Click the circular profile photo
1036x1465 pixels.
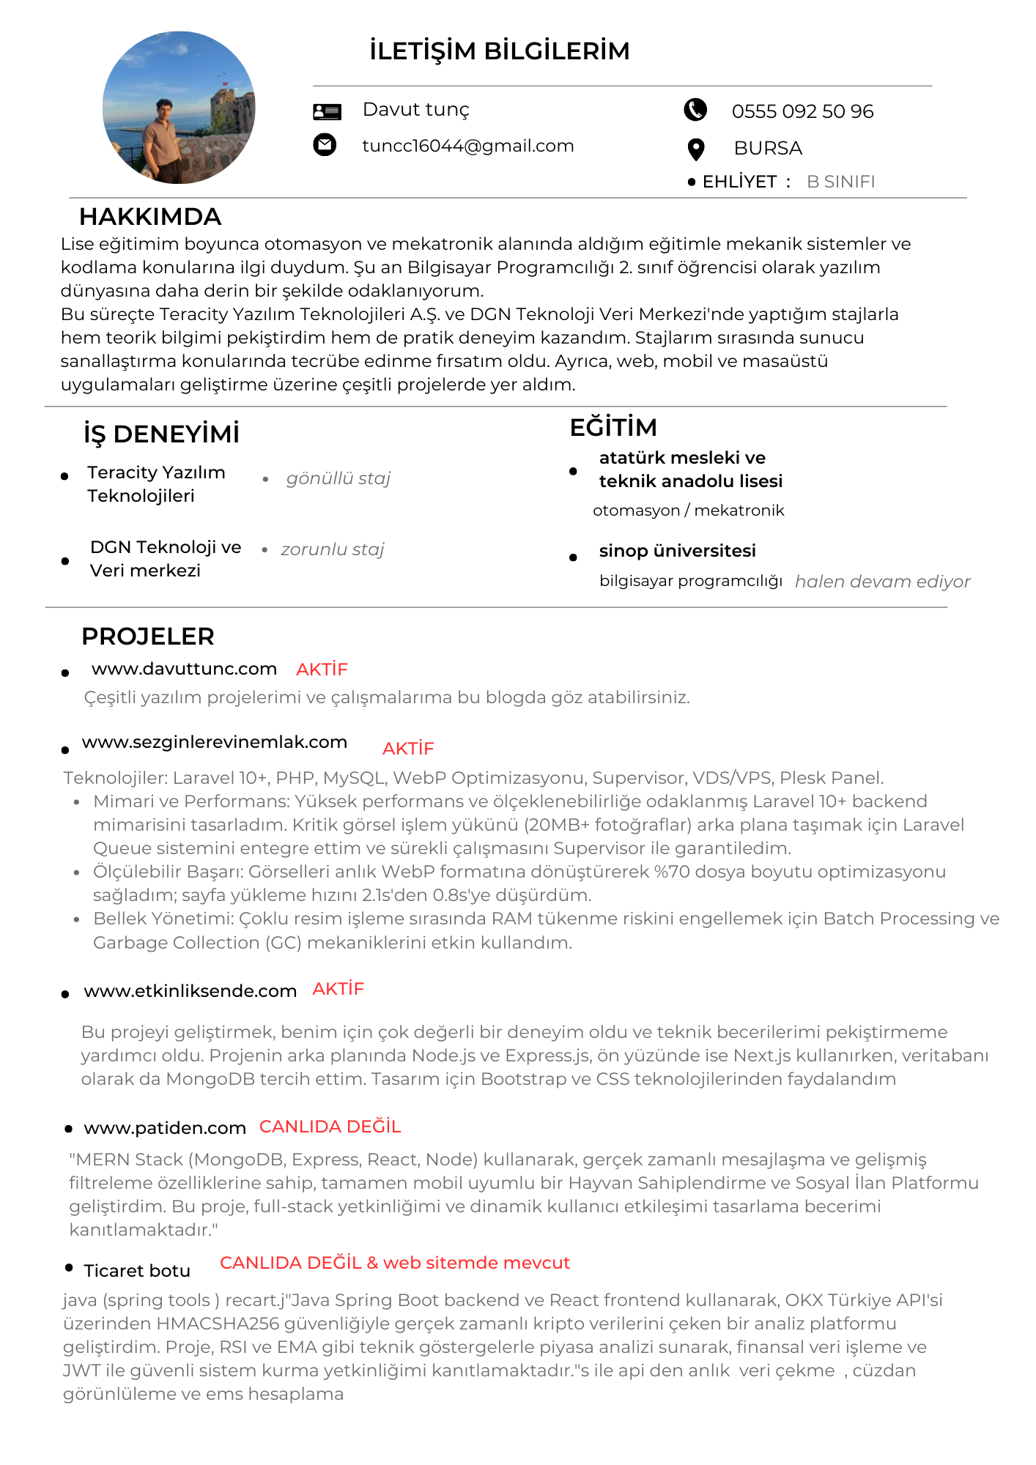click(179, 108)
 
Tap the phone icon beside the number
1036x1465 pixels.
click(695, 110)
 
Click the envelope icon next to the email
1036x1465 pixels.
click(325, 144)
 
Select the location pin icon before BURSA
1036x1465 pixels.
click(696, 149)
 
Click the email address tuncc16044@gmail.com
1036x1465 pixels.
click(467, 146)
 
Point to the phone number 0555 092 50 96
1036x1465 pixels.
click(802, 111)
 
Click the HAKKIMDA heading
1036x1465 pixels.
click(150, 217)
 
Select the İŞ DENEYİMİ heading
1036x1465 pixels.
click(161, 434)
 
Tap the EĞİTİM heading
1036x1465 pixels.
click(613, 427)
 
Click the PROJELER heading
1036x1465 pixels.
click(148, 637)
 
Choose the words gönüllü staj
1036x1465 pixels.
click(338, 478)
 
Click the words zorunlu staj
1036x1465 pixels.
click(332, 549)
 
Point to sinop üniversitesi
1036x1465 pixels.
click(677, 551)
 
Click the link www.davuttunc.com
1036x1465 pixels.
click(184, 669)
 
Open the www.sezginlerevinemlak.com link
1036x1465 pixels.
click(215, 742)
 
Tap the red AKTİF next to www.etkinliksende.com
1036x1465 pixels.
click(338, 989)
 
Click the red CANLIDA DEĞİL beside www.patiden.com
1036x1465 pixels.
click(330, 1127)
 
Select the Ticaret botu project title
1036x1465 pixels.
click(137, 1271)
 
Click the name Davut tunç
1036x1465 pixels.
click(415, 110)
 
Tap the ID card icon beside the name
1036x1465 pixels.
click(327, 111)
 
